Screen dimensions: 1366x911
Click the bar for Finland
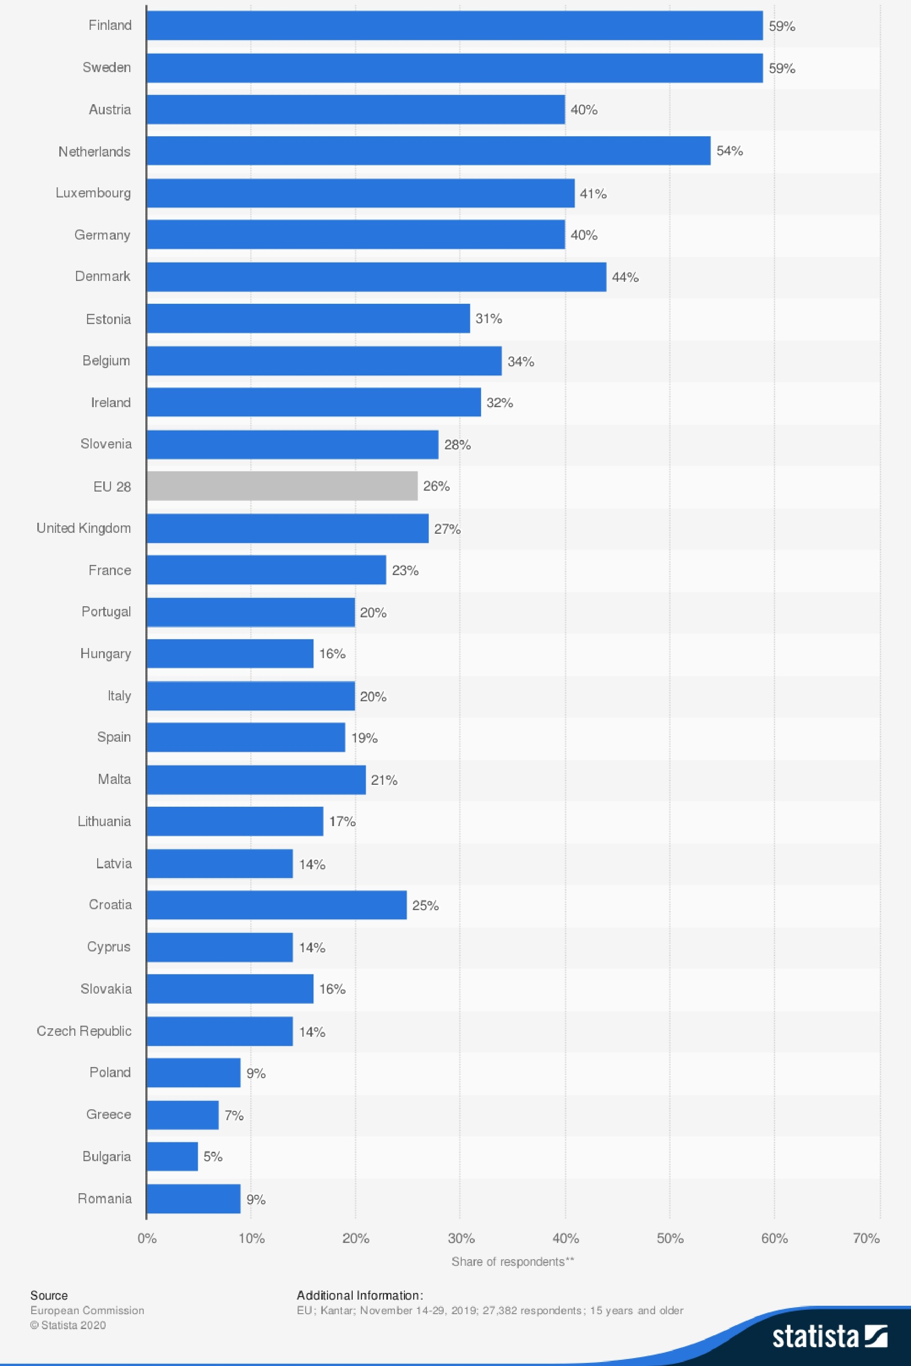(x=454, y=25)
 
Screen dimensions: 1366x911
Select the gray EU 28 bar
(x=282, y=486)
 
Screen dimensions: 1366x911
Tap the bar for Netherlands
(x=428, y=151)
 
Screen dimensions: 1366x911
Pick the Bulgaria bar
(x=172, y=1156)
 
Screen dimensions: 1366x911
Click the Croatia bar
(x=277, y=905)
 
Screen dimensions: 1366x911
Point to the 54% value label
(x=730, y=151)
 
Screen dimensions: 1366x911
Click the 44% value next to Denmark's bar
(x=625, y=277)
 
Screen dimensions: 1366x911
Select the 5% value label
(x=213, y=1156)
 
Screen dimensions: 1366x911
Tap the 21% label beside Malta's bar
(x=384, y=780)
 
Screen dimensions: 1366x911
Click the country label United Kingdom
(x=84, y=528)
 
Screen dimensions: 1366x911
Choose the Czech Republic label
(x=84, y=1031)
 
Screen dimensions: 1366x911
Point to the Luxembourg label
(x=93, y=193)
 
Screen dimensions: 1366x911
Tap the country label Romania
(x=105, y=1198)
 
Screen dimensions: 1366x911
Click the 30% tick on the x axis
(x=461, y=1238)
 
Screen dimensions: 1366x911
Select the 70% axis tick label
(x=866, y=1238)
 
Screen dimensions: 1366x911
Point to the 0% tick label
(x=147, y=1238)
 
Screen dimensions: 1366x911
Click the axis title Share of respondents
(x=513, y=1261)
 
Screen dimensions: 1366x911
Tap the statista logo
(x=829, y=1337)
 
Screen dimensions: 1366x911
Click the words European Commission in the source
(x=87, y=1310)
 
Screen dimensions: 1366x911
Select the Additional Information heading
(x=360, y=1295)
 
